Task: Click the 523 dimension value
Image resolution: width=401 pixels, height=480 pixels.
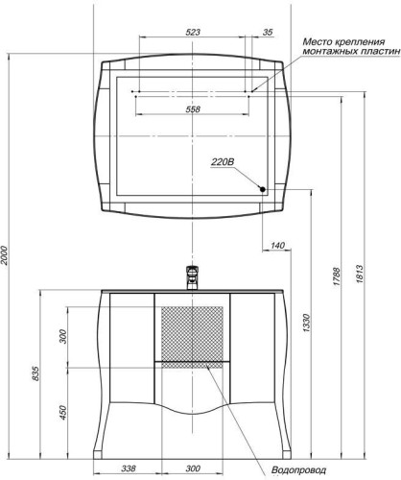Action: [x=193, y=32]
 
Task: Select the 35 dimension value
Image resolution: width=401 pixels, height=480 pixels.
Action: [x=268, y=32]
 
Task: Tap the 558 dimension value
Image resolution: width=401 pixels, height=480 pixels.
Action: [x=193, y=109]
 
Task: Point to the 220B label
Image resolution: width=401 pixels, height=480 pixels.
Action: [x=223, y=162]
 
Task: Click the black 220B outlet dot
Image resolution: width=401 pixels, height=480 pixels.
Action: [x=263, y=189]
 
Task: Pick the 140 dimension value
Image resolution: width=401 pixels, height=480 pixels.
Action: [x=277, y=246]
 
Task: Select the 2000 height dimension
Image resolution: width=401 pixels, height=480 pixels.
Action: [x=4, y=255]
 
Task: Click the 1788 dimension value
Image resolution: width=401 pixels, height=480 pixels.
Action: [x=337, y=276]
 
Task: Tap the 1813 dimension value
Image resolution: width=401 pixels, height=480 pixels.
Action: [x=359, y=274]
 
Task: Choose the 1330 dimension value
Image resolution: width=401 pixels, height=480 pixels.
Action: [x=306, y=323]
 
